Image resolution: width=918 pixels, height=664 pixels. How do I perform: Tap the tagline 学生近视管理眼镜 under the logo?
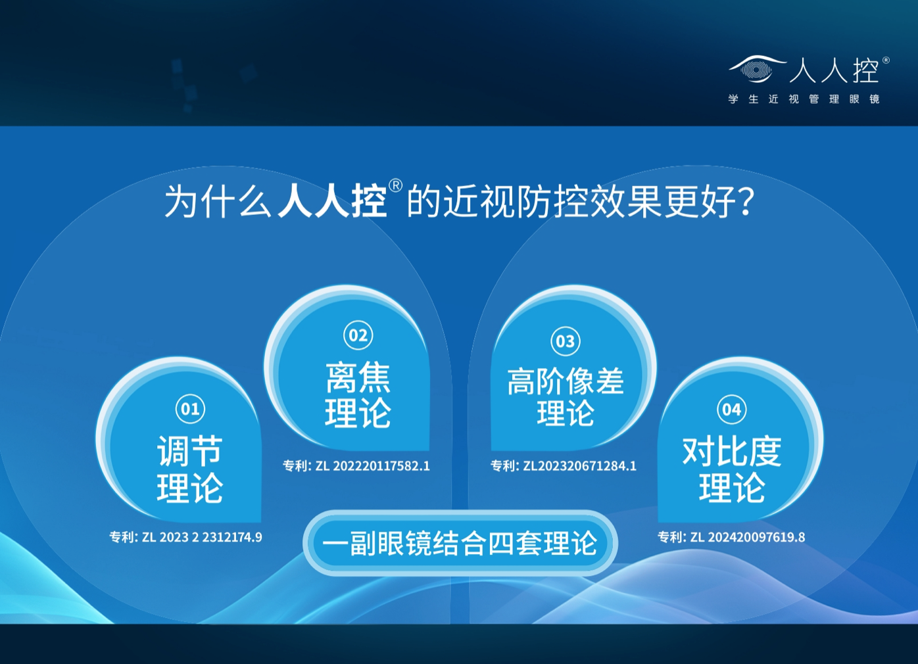(804, 99)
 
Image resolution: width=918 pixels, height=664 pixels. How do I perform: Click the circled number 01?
(190, 409)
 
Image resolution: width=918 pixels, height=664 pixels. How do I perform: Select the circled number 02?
(358, 335)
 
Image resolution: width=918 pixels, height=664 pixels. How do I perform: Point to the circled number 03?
(566, 341)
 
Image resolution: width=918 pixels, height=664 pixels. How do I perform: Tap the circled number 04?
(732, 409)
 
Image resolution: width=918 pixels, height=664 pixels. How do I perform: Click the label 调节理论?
(190, 469)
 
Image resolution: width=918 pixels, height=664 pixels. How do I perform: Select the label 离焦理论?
(358, 395)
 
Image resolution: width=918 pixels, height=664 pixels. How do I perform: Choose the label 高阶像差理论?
(566, 396)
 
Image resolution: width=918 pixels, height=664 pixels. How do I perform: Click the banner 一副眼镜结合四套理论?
(460, 543)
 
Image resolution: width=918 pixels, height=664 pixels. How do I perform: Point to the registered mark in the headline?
(395, 185)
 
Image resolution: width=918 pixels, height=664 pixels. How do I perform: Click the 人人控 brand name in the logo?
(834, 70)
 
